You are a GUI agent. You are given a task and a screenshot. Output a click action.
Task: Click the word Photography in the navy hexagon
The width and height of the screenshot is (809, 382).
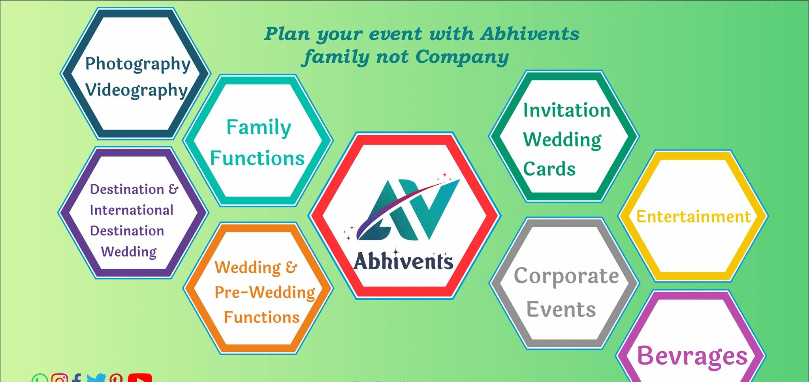coord(138,64)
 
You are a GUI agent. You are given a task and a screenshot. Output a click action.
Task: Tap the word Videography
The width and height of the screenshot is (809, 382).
coord(136,90)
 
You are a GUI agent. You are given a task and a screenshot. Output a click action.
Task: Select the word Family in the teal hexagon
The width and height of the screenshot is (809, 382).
coord(259,127)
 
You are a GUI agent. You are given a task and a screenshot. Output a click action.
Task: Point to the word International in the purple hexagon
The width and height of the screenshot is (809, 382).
coord(132,210)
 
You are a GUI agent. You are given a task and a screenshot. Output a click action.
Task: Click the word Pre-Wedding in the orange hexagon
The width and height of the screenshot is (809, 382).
coord(265,292)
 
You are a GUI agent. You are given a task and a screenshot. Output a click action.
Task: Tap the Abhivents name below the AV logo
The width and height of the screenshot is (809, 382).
coord(403,261)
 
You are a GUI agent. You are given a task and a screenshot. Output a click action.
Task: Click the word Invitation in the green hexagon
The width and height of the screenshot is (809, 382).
coord(567,110)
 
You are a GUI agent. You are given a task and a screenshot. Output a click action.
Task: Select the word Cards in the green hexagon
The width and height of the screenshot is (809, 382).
coord(549,169)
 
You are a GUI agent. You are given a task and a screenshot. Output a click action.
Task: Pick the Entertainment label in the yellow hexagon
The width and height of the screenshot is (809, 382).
coord(693,217)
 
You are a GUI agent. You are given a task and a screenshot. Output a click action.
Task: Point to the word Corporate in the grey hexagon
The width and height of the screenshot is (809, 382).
coord(566,276)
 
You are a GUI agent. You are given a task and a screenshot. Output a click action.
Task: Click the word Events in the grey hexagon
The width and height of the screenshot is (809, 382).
coord(561,309)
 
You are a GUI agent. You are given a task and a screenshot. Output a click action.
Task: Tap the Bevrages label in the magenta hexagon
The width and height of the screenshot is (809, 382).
coord(692,356)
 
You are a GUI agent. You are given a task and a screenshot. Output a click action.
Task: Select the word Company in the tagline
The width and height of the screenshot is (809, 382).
coord(462,57)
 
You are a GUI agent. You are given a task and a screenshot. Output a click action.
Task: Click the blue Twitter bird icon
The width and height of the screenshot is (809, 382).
coord(96,378)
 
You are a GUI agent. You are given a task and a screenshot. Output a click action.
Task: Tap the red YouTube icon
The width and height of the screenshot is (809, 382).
coord(140,378)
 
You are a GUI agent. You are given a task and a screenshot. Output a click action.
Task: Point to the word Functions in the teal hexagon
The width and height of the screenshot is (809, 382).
coord(257,158)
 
